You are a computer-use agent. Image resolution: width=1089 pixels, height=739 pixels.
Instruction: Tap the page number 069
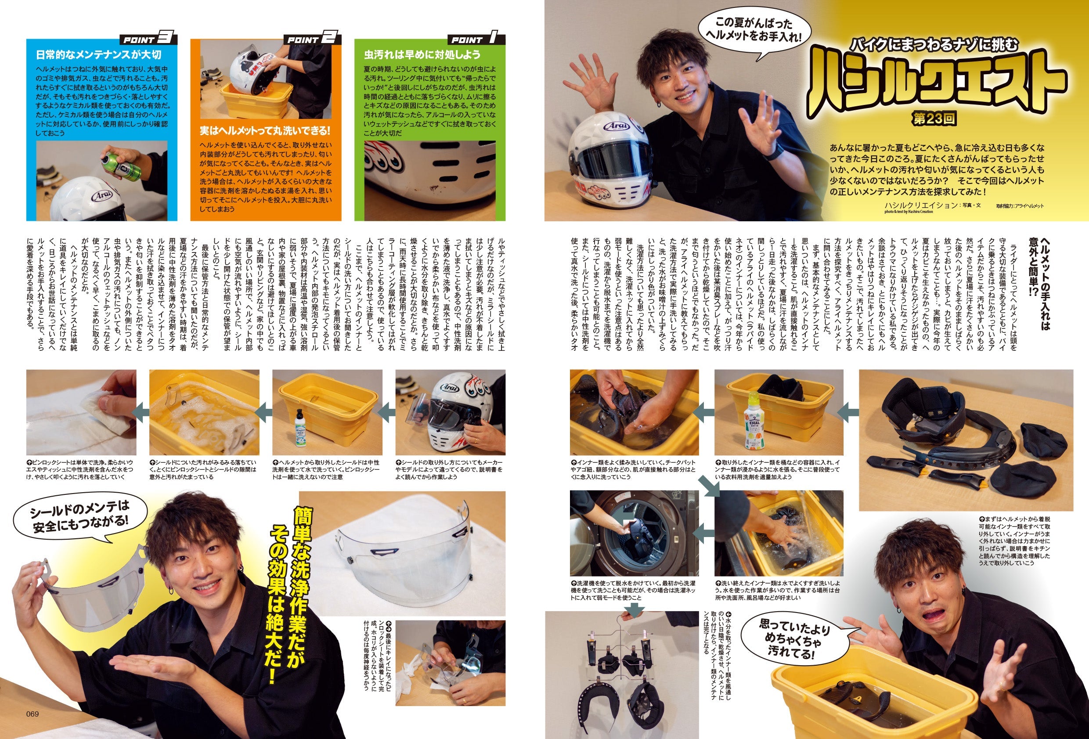pyautogui.click(x=32, y=714)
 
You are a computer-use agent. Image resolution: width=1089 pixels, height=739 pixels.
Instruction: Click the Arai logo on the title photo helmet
pyautogui.click(x=614, y=126)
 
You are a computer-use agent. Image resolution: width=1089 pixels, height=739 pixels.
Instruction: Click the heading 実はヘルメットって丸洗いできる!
pyautogui.click(x=265, y=130)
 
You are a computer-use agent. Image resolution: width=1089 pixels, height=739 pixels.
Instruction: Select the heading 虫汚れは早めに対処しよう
pyautogui.click(x=422, y=55)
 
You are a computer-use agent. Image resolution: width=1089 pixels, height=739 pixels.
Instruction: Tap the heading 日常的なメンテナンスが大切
pyautogui.click(x=98, y=55)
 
